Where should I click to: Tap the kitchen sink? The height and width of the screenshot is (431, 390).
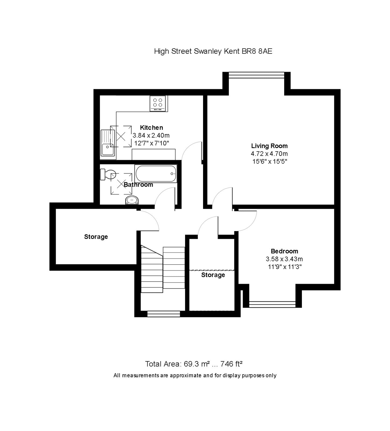pyautogui.click(x=107, y=143)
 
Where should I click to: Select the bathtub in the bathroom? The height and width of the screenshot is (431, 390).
pyautogui.click(x=156, y=174)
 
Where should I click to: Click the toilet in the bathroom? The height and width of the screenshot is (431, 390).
pyautogui.click(x=108, y=174)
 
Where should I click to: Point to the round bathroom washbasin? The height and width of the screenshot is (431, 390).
pyautogui.click(x=132, y=200)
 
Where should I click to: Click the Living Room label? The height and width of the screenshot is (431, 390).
pyautogui.click(x=269, y=146)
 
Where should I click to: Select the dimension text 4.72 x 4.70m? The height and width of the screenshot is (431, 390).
pyautogui.click(x=269, y=154)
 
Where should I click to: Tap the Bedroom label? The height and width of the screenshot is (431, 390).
pyautogui.click(x=284, y=251)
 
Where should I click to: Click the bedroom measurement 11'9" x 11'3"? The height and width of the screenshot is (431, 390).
pyautogui.click(x=284, y=267)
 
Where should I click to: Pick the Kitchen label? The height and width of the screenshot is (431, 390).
pyautogui.click(x=151, y=128)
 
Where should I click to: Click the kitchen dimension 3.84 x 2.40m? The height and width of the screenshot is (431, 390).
pyautogui.click(x=151, y=135)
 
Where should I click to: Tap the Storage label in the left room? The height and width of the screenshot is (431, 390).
pyautogui.click(x=96, y=237)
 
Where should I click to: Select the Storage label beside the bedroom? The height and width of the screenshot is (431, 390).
pyautogui.click(x=213, y=275)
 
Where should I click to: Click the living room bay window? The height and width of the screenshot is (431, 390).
pyautogui.click(x=256, y=75)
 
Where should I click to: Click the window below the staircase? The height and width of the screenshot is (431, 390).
pyautogui.click(x=163, y=314)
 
